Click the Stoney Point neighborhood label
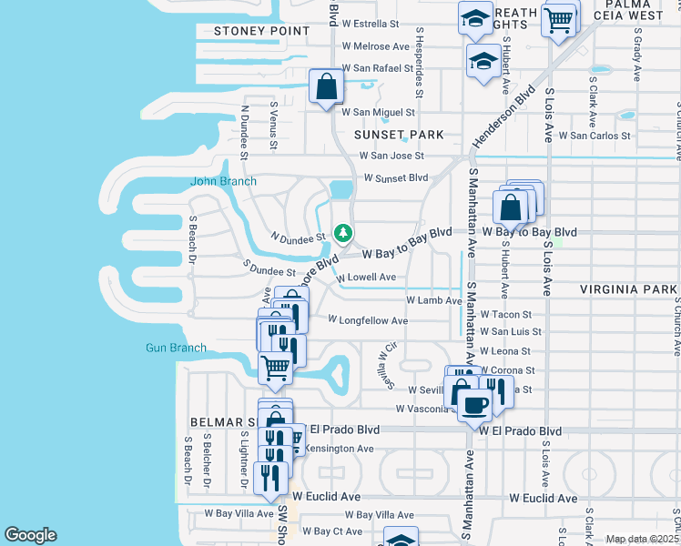tap(249, 31)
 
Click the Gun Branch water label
tap(176, 348)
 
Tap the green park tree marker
tap(343, 234)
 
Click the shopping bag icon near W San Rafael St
tap(326, 87)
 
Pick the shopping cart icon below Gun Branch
tap(276, 368)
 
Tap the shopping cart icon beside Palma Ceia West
tap(558, 19)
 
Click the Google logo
tap(30, 535)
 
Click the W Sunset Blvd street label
tap(395, 177)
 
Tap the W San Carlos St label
tap(595, 136)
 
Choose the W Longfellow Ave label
tap(368, 320)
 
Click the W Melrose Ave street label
tap(376, 46)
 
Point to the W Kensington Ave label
tap(337, 449)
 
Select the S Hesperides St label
tap(420, 61)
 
